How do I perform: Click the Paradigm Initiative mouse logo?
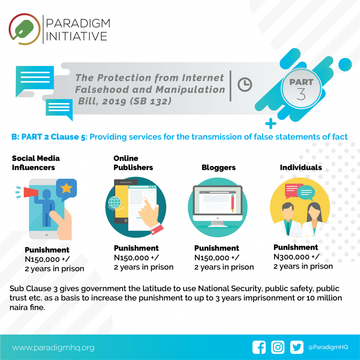point(25,29)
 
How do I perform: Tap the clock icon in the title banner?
point(245,84)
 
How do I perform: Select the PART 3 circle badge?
point(301,88)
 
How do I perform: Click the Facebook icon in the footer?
point(259,347)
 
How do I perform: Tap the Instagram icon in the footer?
point(278,347)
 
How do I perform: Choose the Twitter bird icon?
point(297,347)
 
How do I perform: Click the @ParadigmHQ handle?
point(328,347)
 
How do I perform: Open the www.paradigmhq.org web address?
point(53,348)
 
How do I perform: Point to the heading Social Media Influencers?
point(36,163)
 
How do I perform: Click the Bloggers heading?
point(219,168)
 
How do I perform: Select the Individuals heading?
point(301,167)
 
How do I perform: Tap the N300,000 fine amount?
point(292,257)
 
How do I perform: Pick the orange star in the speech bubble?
point(66,188)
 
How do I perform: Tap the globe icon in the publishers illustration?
point(114,203)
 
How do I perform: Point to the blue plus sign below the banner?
point(271,124)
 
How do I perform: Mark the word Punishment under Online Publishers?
point(136,248)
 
